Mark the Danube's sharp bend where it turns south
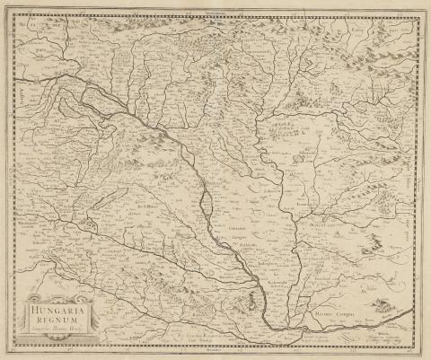(x=184, y=135)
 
